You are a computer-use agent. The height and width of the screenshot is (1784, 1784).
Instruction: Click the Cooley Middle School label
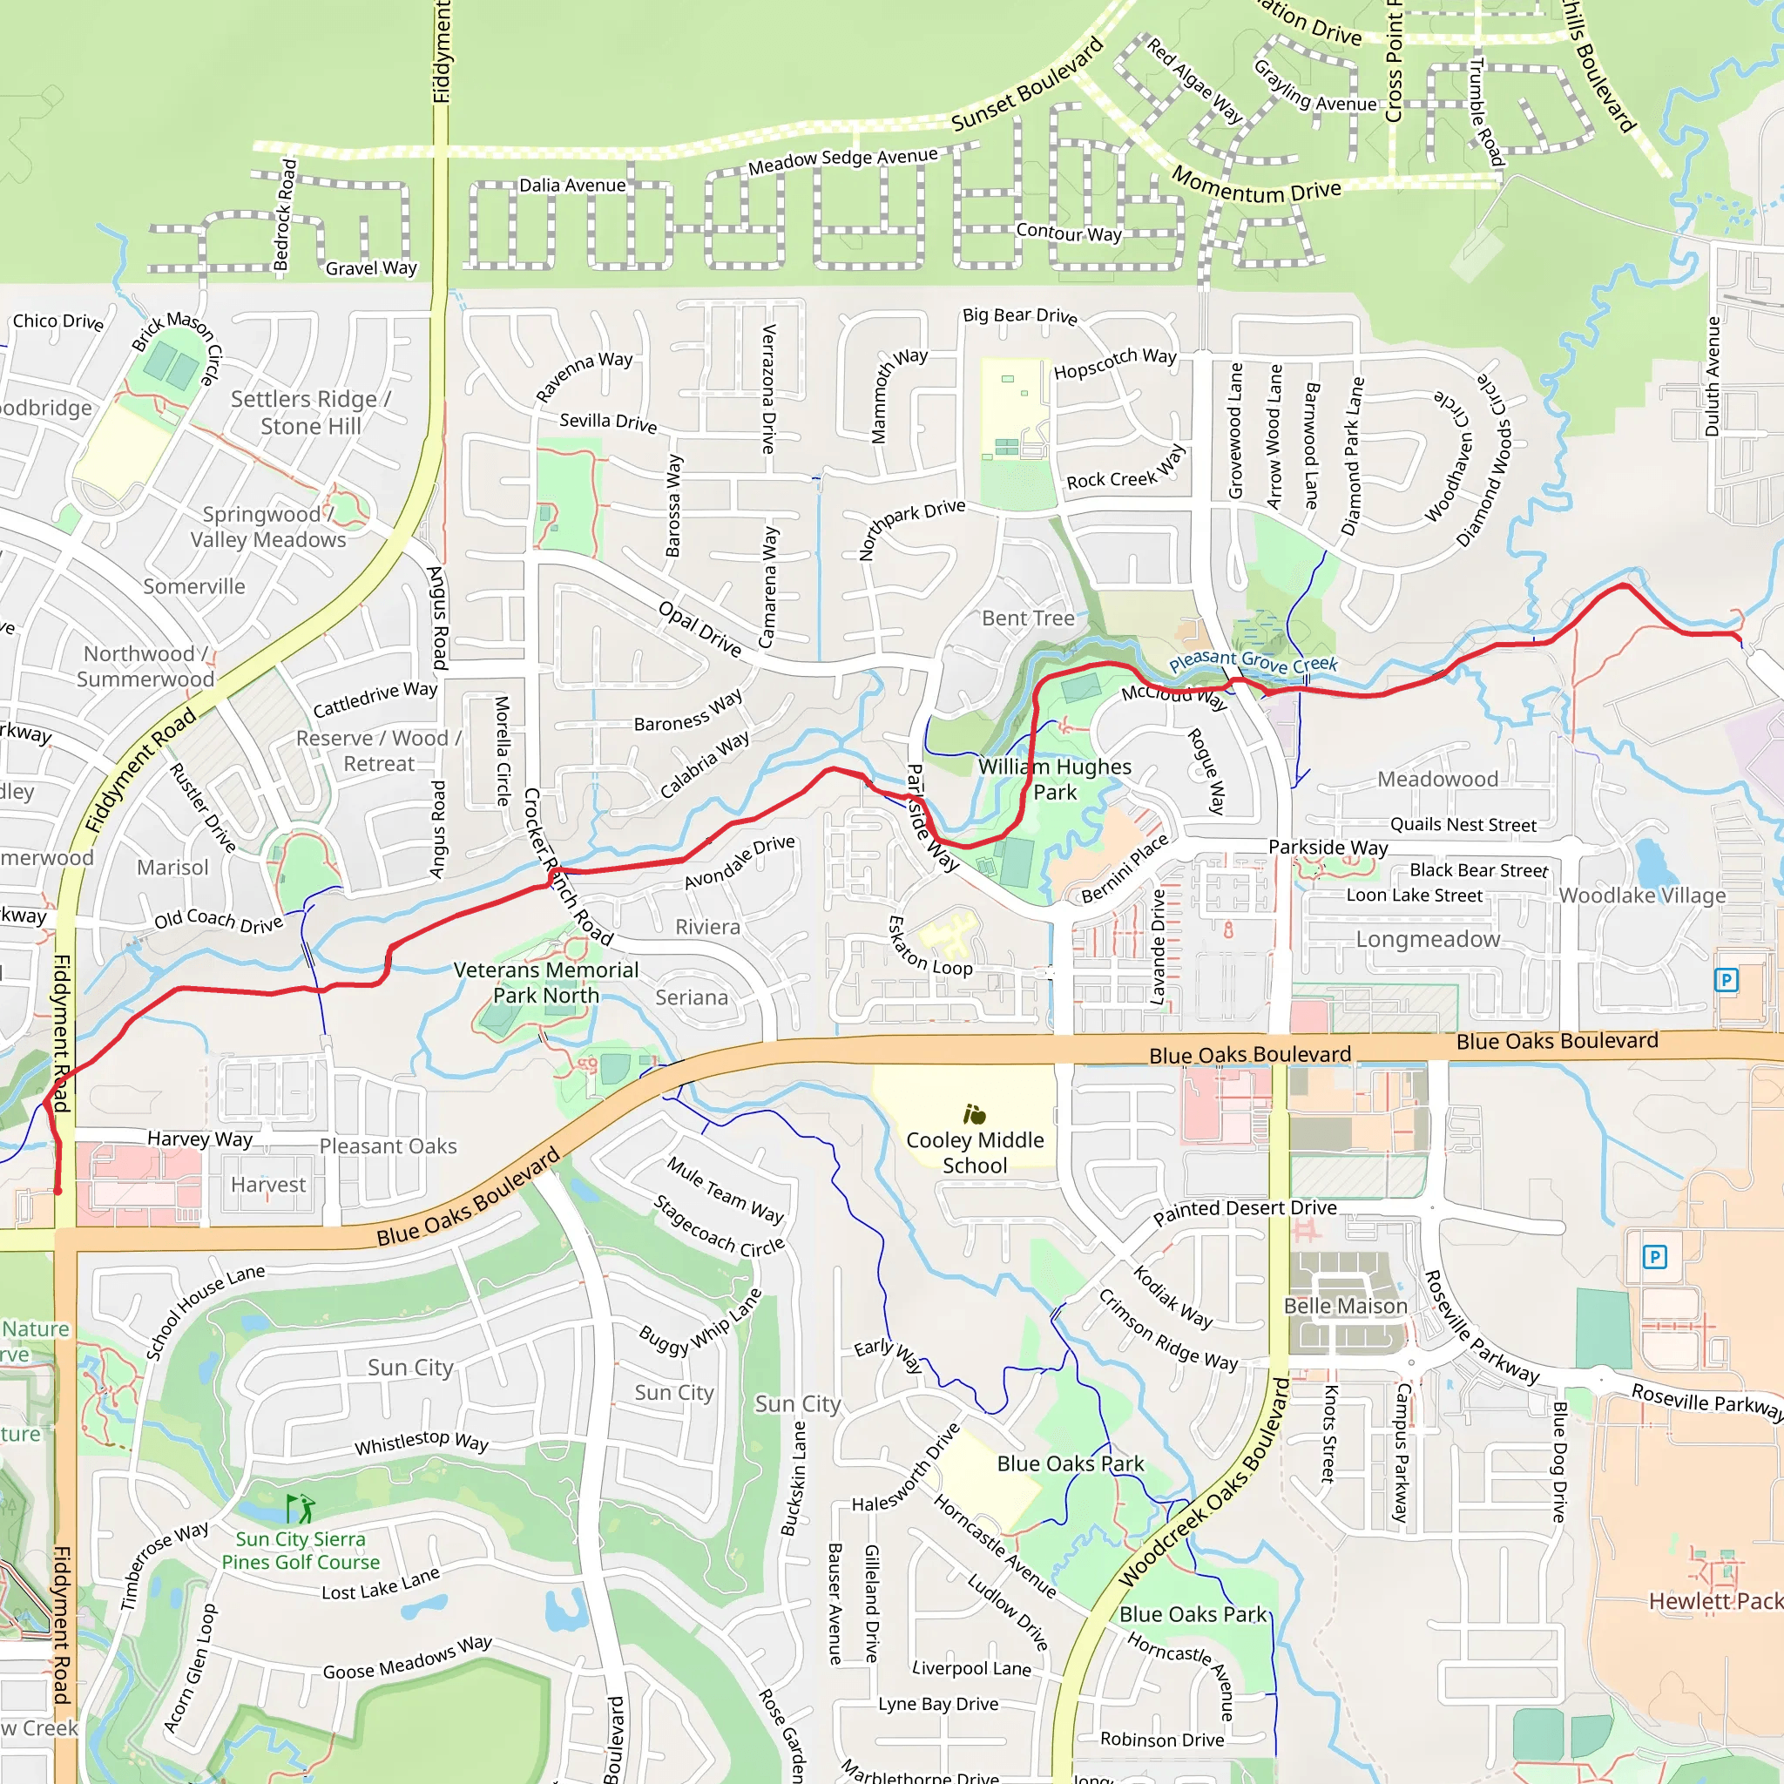(x=974, y=1152)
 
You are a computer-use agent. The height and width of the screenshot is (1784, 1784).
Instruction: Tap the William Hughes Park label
(x=1055, y=779)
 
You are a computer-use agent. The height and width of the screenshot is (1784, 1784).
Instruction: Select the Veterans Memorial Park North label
(x=545, y=982)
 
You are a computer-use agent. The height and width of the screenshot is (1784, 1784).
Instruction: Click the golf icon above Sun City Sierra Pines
(x=301, y=1509)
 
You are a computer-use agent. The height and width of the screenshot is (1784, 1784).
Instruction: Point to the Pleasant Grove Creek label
(x=1252, y=661)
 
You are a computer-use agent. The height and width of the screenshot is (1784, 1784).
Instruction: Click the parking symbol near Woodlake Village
(x=1725, y=980)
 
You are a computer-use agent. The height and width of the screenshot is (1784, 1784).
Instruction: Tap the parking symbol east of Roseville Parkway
(x=1654, y=1256)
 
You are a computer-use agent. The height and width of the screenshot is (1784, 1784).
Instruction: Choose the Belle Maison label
(x=1344, y=1306)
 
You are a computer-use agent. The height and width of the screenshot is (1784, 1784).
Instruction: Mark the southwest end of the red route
(x=57, y=1191)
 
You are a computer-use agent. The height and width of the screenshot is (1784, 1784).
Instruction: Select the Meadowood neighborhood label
(x=1436, y=779)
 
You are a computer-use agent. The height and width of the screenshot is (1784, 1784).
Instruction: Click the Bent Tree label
(x=1028, y=618)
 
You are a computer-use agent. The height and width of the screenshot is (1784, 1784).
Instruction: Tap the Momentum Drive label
(x=1256, y=185)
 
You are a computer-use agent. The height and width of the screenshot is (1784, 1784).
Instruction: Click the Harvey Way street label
(x=199, y=1139)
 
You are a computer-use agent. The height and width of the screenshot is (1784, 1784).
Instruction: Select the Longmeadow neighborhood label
(x=1428, y=939)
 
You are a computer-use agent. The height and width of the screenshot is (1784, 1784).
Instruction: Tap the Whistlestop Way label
(x=421, y=1442)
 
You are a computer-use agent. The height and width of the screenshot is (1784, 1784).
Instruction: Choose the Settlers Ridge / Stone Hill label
(x=310, y=412)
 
